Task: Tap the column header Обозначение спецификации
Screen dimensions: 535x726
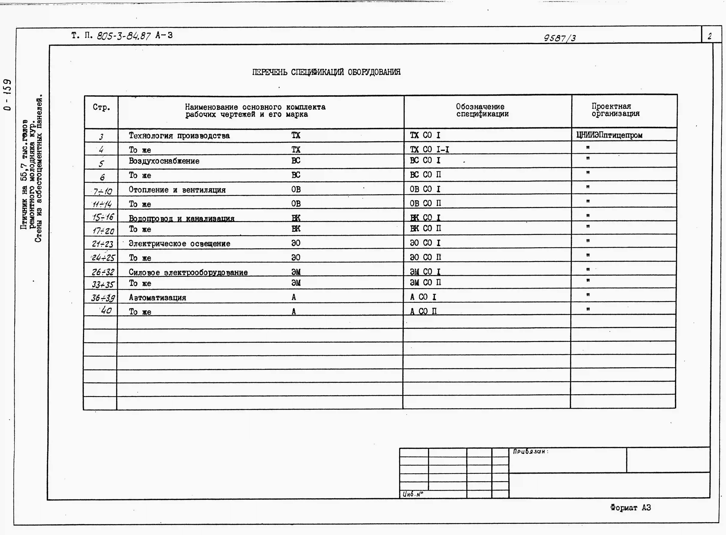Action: (482, 110)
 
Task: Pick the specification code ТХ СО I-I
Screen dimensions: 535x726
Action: (429, 149)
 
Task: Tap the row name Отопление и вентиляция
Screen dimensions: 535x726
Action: (177, 190)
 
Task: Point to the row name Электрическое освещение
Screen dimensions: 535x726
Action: (179, 243)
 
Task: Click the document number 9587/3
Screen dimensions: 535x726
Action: (560, 38)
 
